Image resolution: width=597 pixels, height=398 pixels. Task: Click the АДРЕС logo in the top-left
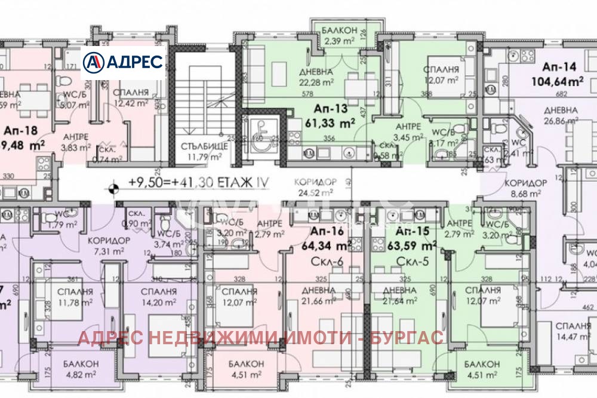[123, 62]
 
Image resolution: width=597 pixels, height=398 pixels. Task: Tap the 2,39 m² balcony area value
[340, 41]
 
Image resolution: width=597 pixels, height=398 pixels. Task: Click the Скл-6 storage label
[325, 260]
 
